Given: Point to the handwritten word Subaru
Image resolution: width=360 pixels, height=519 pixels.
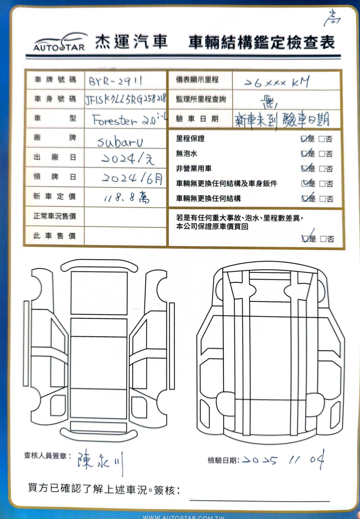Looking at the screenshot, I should [120, 142].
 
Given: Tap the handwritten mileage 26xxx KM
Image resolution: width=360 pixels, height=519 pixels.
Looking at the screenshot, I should [277, 82].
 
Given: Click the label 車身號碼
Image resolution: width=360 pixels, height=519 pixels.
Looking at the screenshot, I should [55, 99].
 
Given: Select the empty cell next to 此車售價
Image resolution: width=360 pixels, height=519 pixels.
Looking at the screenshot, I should [125, 236].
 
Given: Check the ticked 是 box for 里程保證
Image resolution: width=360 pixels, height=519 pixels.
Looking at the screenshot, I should [304, 139].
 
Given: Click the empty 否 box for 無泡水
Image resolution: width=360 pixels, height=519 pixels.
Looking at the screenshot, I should [322, 154].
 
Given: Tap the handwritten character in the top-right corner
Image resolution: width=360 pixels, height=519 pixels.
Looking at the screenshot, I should [332, 18].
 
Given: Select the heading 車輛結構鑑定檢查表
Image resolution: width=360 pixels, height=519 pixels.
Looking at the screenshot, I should [261, 43].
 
